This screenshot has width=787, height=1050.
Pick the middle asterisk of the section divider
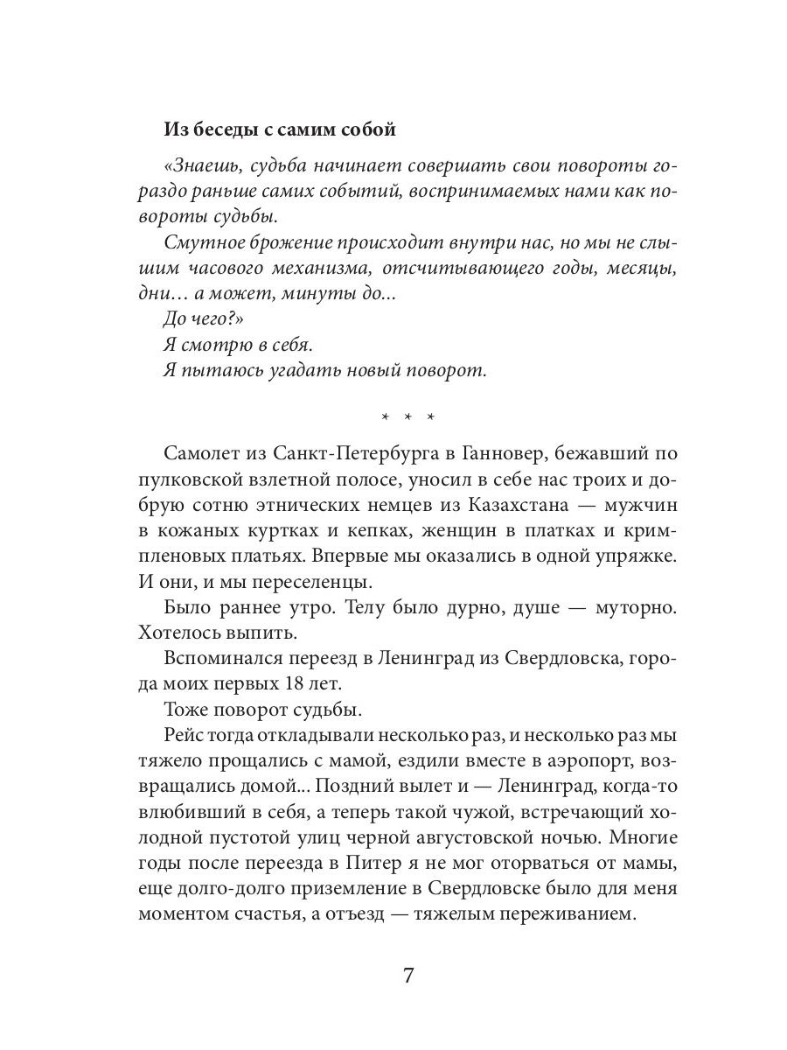407,416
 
